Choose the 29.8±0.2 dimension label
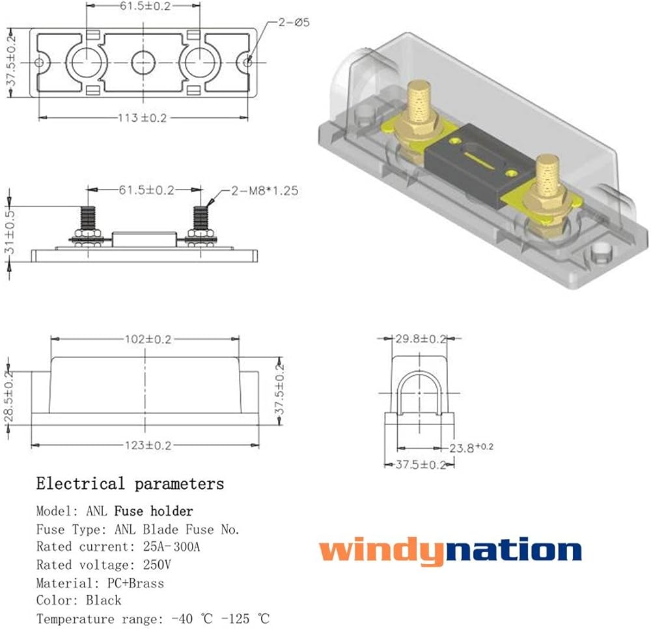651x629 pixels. click(422, 339)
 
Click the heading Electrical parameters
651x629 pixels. click(130, 484)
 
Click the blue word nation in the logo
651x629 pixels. click(515, 550)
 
